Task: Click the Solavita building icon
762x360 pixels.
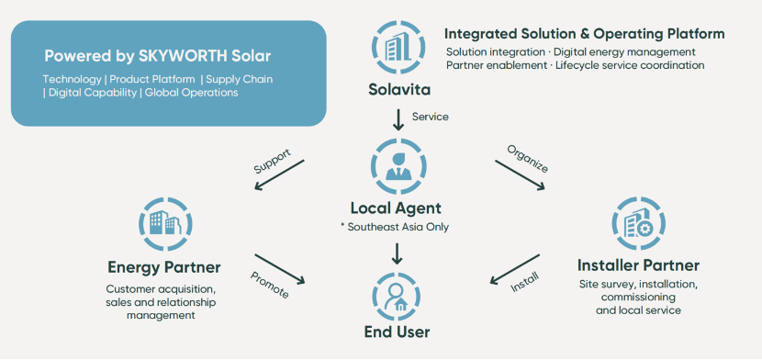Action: coord(398,47)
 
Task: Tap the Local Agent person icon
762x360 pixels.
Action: coord(398,166)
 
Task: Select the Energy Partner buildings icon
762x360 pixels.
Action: coord(165,224)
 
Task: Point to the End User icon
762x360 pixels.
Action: coord(397,296)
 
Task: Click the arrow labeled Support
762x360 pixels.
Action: coord(279,174)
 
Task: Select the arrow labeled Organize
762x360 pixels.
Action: coord(520,174)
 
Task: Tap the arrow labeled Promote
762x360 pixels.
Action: coord(279,269)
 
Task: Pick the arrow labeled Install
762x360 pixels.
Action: coord(515,269)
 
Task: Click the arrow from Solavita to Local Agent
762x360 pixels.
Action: coord(398,120)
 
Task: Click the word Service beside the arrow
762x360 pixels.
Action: coord(430,117)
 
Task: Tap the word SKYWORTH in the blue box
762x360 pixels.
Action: coord(184,56)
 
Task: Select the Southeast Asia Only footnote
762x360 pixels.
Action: coord(394,227)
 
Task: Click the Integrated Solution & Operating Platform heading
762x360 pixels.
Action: coord(584,34)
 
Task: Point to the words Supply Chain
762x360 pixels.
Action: coord(239,79)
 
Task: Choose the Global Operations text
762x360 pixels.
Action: coord(192,93)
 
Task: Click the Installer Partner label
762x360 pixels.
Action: coord(638,265)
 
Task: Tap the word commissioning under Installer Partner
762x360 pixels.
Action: coord(638,297)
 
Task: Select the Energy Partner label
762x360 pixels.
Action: coord(164,266)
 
